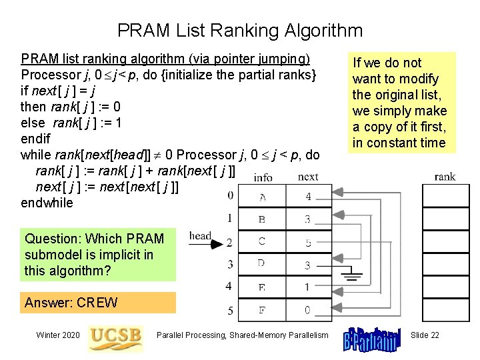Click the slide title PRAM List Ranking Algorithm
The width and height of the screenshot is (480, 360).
240,31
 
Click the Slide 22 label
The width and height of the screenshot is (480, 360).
425,335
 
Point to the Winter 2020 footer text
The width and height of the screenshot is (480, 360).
59,335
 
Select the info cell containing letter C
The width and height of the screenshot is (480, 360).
261,242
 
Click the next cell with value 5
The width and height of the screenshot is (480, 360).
307,243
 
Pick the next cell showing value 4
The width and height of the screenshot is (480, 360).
307,197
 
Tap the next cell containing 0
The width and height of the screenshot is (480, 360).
307,310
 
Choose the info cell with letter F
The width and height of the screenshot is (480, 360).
261,310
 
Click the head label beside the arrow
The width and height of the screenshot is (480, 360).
200,235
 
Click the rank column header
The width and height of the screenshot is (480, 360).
445,177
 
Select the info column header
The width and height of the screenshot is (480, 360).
263,177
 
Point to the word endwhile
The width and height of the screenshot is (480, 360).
47,203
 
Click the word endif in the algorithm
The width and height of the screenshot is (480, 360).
35,139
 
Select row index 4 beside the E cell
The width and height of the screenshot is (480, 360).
230,287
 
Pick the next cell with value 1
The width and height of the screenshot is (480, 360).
307,287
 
